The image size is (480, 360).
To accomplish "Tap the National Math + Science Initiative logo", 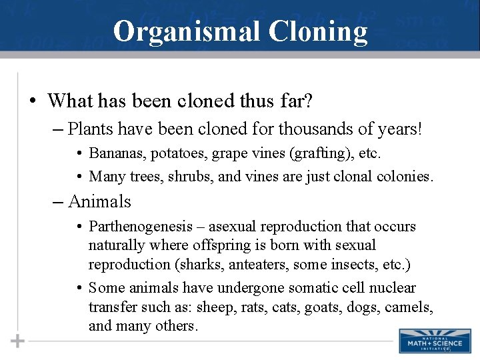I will [425, 341].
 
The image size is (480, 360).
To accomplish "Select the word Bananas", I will [114, 154].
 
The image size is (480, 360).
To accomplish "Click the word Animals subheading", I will [99, 201].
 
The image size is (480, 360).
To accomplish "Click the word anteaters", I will [257, 264].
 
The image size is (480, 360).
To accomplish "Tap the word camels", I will [411, 307].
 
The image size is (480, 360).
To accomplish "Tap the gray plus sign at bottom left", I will [17, 341].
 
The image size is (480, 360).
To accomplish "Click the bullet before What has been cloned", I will [33, 102].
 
